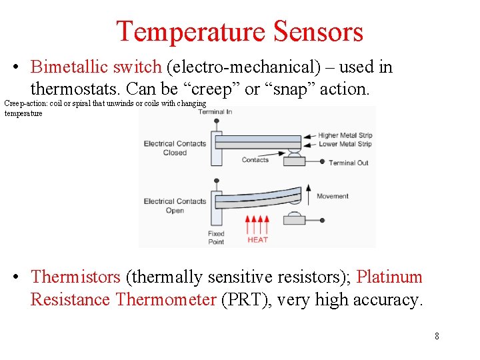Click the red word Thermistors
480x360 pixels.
pyautogui.click(x=75, y=277)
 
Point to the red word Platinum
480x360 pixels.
pyautogui.click(x=389, y=277)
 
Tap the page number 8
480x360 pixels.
pyautogui.click(x=437, y=336)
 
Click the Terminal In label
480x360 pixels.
pyautogui.click(x=215, y=112)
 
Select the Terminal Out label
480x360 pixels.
pyautogui.click(x=348, y=163)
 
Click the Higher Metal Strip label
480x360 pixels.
pyautogui.click(x=345, y=135)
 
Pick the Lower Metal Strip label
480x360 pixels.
pyautogui.click(x=345, y=143)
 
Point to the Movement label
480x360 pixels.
pyautogui.click(x=333, y=196)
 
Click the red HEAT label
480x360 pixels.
pyautogui.click(x=257, y=240)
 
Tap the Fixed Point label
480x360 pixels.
pyautogui.click(x=216, y=238)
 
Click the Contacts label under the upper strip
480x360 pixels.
pyautogui.click(x=255, y=160)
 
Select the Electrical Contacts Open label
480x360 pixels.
pyautogui.click(x=175, y=205)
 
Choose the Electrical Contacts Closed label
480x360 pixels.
pyautogui.click(x=175, y=148)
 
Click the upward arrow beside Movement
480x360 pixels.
pyautogui.click(x=307, y=195)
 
